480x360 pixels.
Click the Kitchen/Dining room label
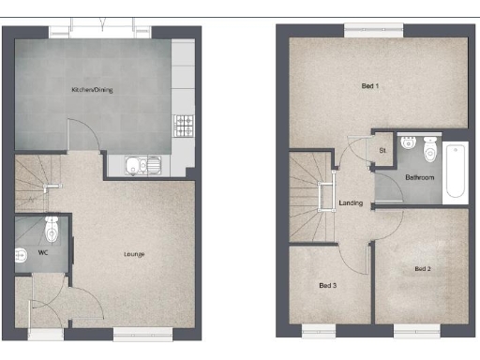[x=94, y=90]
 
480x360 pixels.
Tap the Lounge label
[x=132, y=253]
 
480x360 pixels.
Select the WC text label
[x=43, y=253]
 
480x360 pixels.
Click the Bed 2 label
[x=423, y=269]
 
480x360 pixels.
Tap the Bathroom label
[x=419, y=177]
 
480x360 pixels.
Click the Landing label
[x=351, y=202]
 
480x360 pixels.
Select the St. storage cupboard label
[x=382, y=150]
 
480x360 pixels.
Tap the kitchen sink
[x=143, y=167]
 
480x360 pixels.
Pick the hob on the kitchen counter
[x=183, y=123]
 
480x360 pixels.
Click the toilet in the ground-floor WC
[x=52, y=229]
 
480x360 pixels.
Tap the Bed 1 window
[x=370, y=32]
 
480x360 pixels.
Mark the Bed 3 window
[x=320, y=328]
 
